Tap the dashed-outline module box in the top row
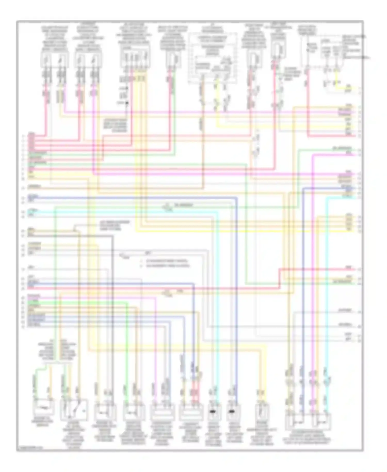(x=213, y=58)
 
